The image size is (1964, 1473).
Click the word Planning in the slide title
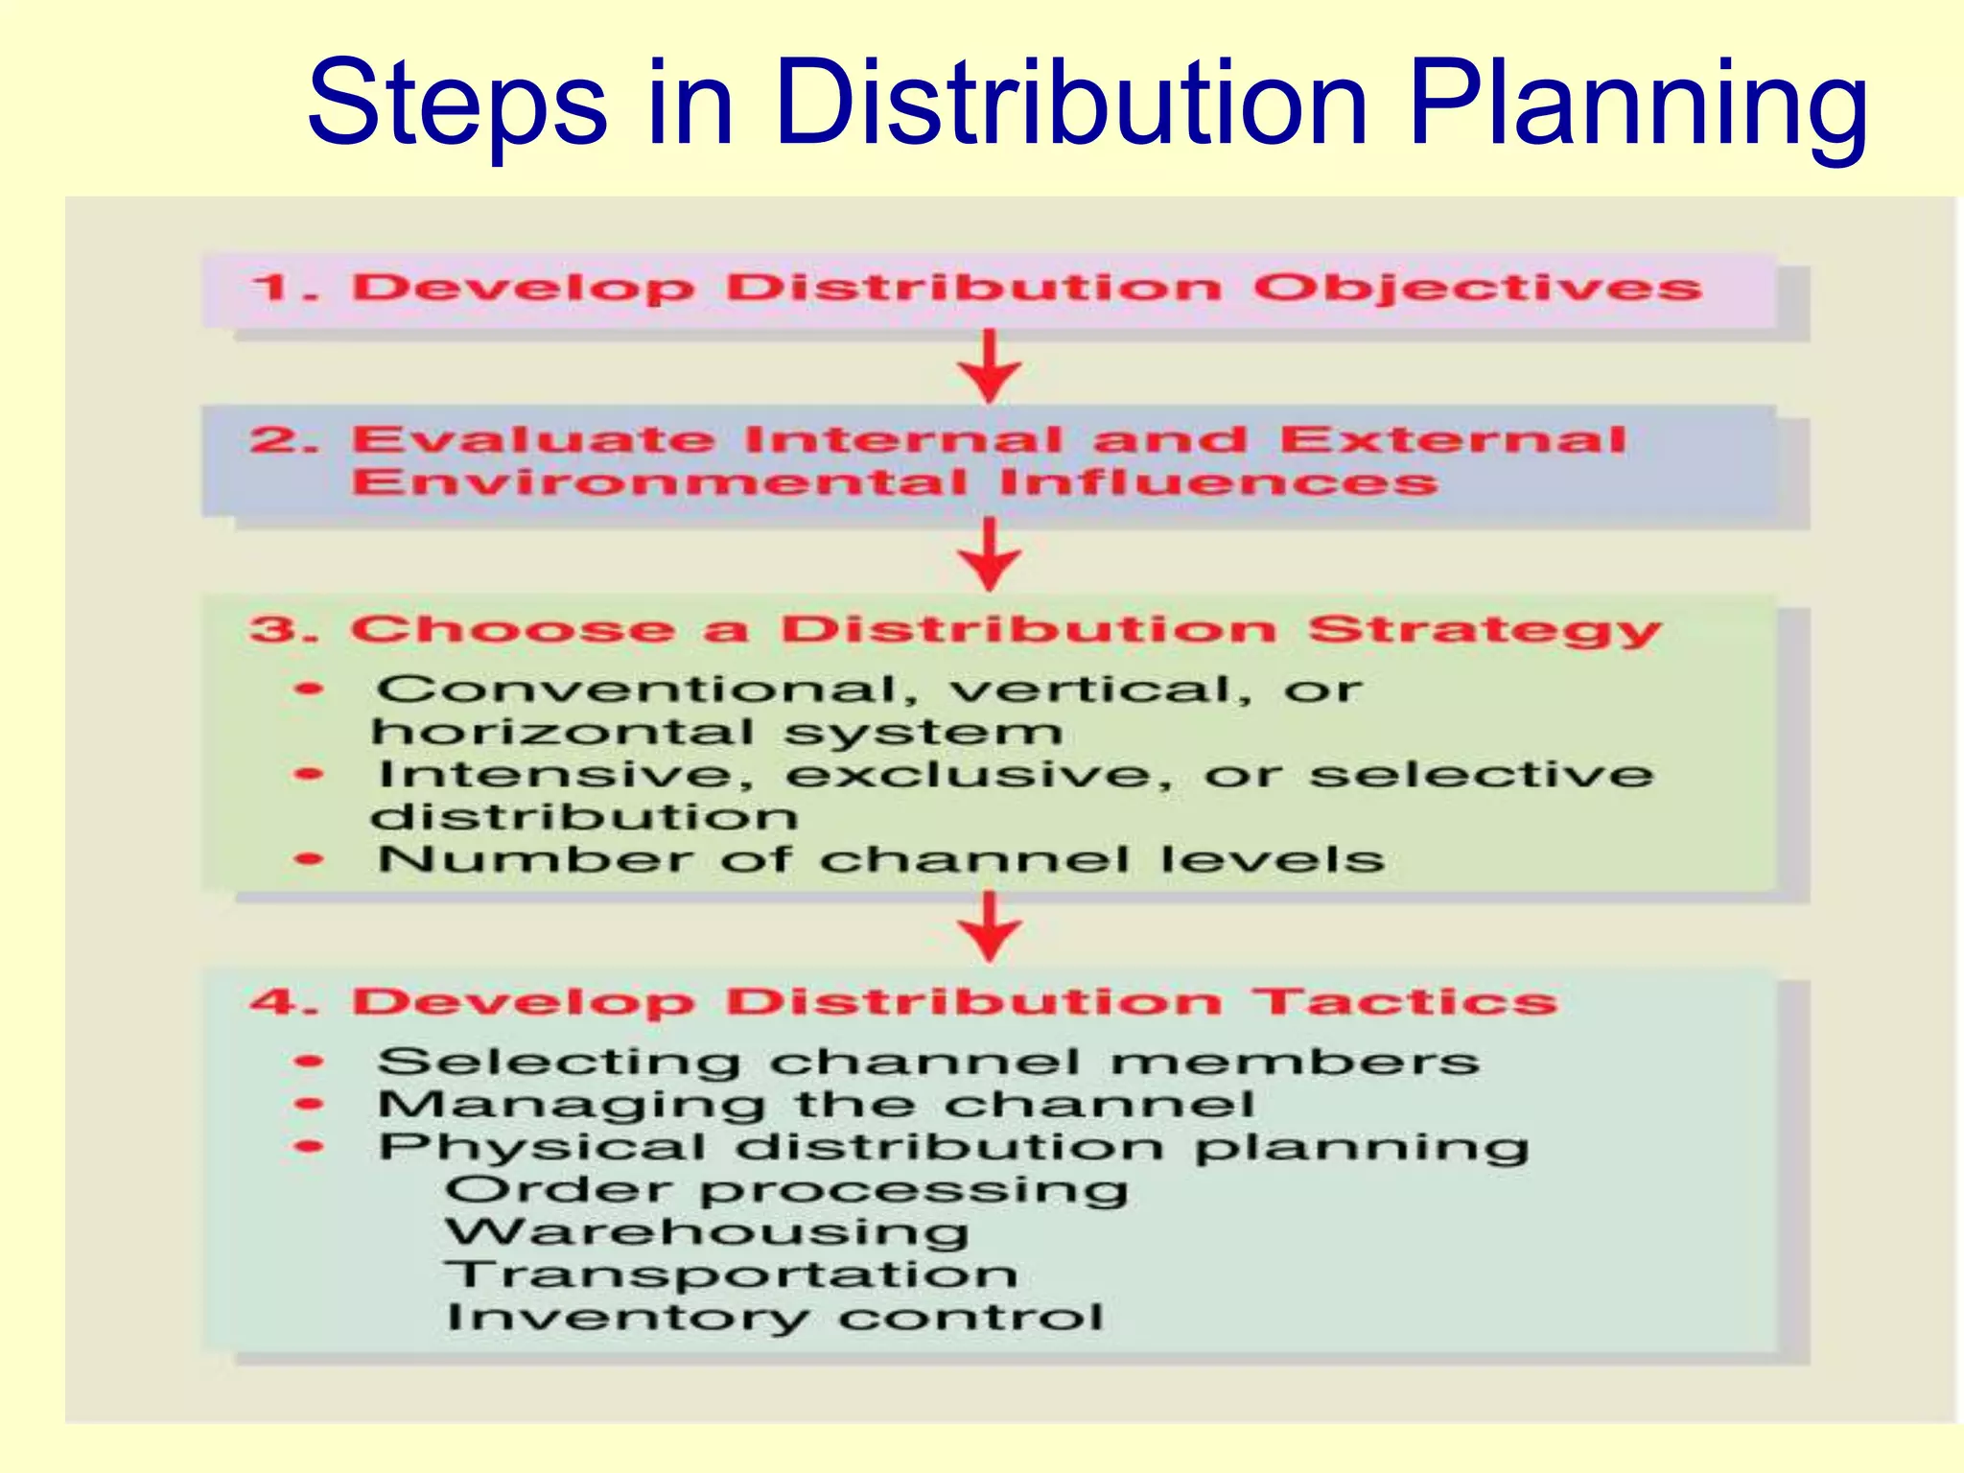[x=1638, y=105]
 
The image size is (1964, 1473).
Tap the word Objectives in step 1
[x=1478, y=288]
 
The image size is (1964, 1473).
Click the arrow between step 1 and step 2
[x=990, y=366]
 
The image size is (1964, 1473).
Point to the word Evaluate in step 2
[x=533, y=440]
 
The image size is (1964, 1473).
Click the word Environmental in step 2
[x=659, y=481]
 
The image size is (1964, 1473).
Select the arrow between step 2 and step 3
[x=990, y=554]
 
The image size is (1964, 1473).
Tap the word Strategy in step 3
[x=1485, y=631]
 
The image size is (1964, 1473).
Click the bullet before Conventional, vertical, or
[x=310, y=689]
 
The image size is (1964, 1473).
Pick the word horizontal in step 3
[x=563, y=733]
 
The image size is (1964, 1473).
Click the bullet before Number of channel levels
[x=310, y=859]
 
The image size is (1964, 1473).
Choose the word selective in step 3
[x=1482, y=775]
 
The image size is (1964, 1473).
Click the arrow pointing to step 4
[x=990, y=926]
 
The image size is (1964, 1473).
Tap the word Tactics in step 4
[x=1407, y=1002]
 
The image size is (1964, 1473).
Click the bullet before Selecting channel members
[x=310, y=1062]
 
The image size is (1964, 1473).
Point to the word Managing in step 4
[x=571, y=1106]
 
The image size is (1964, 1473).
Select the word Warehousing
[x=707, y=1232]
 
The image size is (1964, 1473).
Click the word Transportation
[x=731, y=1274]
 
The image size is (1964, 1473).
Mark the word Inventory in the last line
[x=628, y=1318]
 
